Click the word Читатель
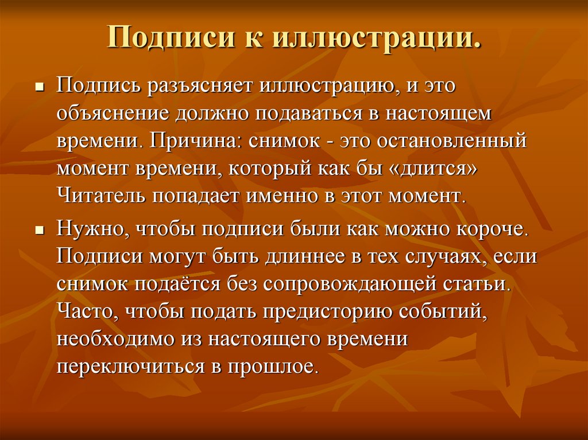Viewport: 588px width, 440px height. [100, 196]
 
